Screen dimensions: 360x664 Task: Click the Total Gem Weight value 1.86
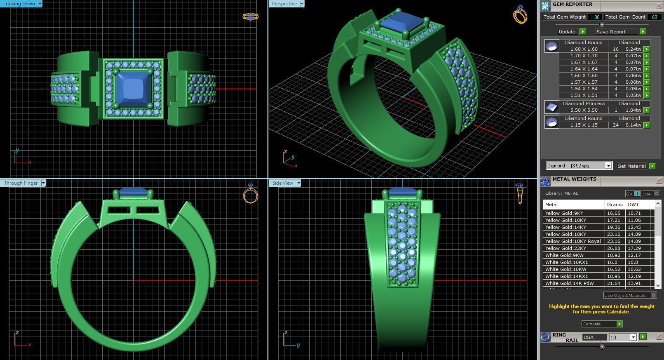pos(595,17)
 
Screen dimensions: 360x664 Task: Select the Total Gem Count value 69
pos(654,17)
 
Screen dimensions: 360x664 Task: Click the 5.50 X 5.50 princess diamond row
pos(584,110)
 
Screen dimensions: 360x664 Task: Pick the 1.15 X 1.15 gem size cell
pos(584,125)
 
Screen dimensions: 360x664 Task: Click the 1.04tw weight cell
pos(633,110)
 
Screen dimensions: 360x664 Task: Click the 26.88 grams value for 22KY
pos(613,248)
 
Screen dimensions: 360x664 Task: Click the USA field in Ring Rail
pos(594,337)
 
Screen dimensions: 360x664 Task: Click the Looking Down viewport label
pos(19,4)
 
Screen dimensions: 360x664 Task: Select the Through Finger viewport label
pos(21,183)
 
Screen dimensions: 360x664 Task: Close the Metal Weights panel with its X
pos(659,181)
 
